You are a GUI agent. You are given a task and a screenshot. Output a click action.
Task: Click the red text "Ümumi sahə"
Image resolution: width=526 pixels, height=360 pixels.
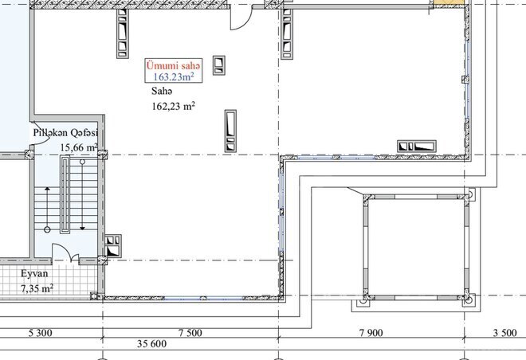click(x=173, y=65)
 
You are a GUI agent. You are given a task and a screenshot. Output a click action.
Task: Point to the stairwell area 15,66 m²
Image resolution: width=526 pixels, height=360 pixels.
click(x=79, y=147)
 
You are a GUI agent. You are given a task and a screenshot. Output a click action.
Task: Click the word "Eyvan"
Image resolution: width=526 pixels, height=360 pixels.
click(x=35, y=273)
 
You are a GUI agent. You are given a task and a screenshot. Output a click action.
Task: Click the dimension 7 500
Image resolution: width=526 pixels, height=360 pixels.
click(x=190, y=333)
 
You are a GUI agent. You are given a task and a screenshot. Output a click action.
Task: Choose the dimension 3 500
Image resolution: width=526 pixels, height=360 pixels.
click(x=505, y=333)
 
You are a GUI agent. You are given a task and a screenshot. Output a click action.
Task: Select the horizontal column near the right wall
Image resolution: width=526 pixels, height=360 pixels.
click(x=417, y=146)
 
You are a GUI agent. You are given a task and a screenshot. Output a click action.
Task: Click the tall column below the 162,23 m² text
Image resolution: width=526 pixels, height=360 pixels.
click(x=230, y=131)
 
